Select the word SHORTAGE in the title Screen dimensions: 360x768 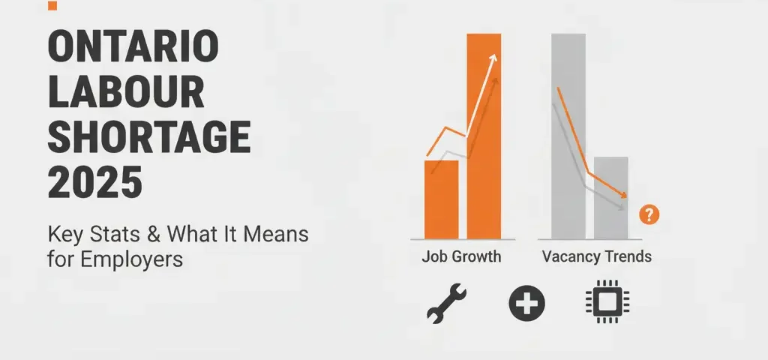point(148,138)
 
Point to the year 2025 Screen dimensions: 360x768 point(94,182)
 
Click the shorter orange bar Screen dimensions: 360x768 point(441,199)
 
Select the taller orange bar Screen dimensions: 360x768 point(484,135)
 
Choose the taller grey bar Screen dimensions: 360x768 point(568,135)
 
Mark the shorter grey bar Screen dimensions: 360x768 point(611,197)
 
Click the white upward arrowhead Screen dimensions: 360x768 point(493,59)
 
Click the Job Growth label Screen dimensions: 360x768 point(460,256)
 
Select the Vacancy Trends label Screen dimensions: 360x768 point(596,256)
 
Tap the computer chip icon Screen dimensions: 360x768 point(606,303)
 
